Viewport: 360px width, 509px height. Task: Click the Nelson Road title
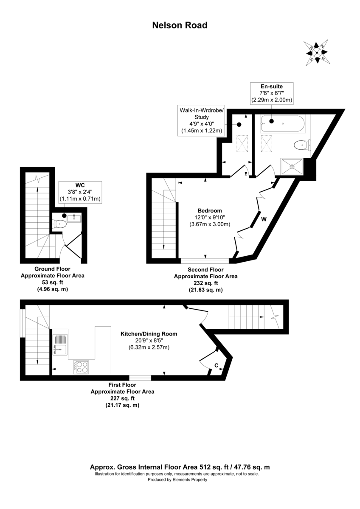tap(180, 25)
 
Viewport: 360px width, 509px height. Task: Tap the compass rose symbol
tap(316, 53)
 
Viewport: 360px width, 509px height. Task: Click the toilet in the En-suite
tap(301, 145)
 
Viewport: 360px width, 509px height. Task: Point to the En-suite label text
tap(271, 86)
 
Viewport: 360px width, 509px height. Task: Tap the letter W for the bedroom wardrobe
tap(264, 219)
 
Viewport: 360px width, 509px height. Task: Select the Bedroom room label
tap(210, 211)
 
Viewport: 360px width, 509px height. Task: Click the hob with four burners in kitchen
tap(80, 367)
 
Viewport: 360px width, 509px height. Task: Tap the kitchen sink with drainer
tap(60, 344)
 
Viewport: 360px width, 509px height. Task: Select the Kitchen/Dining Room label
tap(149, 334)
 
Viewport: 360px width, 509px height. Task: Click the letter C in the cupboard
tap(216, 365)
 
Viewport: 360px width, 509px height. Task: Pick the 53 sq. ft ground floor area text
tap(53, 282)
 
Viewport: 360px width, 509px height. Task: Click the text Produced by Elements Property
tap(177, 480)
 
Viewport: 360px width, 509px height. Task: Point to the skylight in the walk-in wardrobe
tap(242, 144)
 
